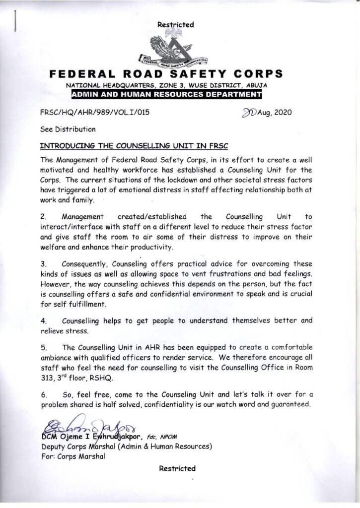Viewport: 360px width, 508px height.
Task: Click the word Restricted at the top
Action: click(175, 24)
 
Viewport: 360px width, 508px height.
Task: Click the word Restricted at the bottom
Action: click(177, 468)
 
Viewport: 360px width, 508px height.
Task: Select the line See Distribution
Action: click(68, 129)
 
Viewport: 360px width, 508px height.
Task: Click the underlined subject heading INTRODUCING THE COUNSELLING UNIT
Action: click(134, 146)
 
